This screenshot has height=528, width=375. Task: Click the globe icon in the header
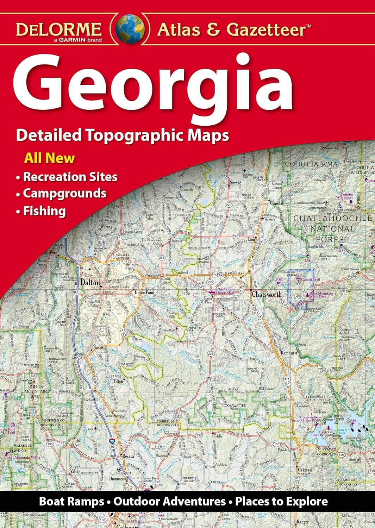point(130,29)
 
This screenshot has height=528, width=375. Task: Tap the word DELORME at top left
point(59,29)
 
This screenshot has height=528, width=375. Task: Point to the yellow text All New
point(49,158)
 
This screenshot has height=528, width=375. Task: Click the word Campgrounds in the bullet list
point(65,193)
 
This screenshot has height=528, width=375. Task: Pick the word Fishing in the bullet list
point(44,211)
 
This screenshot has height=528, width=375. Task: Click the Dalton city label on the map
point(90,282)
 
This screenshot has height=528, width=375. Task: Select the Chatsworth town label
point(267,294)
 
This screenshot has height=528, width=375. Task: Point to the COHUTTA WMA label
point(311,164)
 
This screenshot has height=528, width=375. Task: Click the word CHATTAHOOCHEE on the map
point(333,218)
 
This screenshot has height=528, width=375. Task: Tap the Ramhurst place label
point(289,352)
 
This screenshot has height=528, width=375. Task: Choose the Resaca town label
point(128,456)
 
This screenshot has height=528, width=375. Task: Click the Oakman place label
point(305,470)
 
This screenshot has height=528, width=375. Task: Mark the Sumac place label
point(236,183)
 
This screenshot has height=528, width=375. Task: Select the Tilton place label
point(118,381)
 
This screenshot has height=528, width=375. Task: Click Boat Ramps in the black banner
point(71,501)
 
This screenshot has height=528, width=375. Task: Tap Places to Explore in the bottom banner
point(281,501)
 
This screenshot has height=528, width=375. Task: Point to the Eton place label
point(251,239)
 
